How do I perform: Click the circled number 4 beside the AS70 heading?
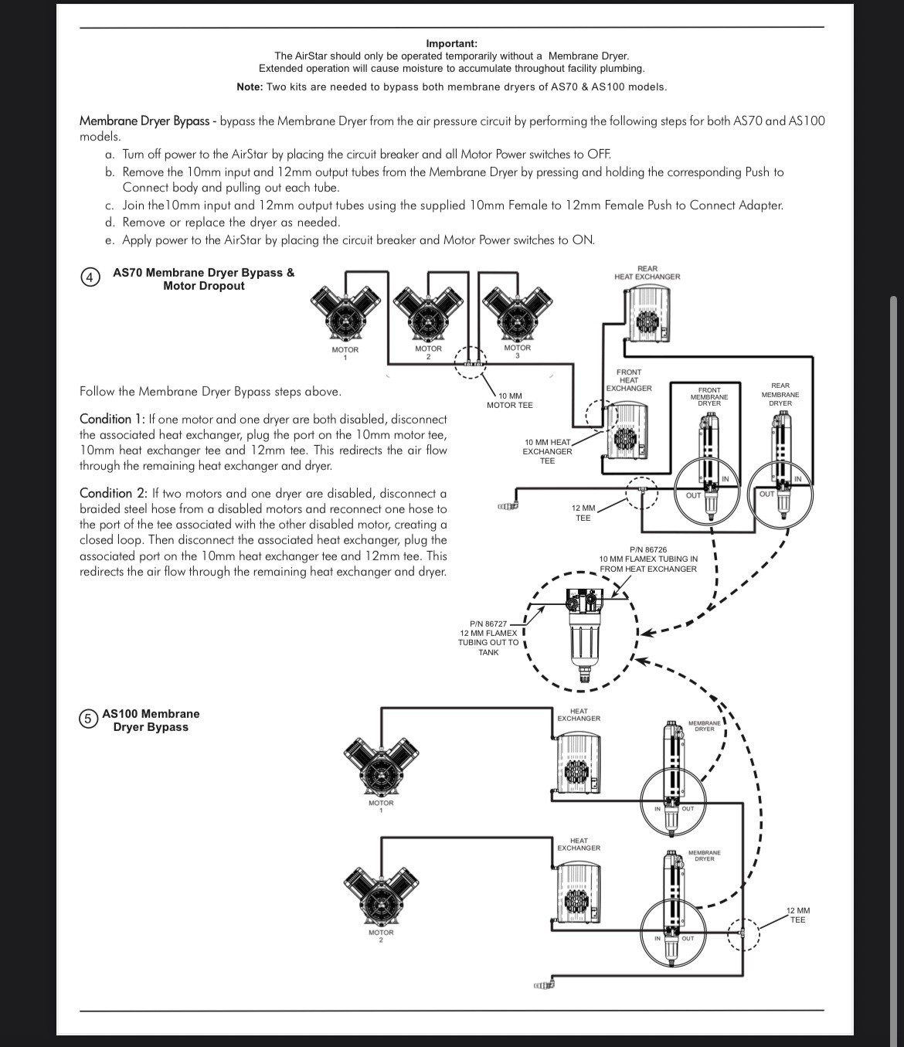point(90,279)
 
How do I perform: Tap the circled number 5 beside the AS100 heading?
point(88,720)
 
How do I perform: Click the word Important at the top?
point(452,43)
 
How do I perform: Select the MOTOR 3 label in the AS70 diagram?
point(517,352)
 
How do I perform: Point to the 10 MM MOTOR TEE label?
point(509,401)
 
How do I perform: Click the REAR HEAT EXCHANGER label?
point(647,273)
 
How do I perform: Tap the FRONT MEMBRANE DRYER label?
point(709,396)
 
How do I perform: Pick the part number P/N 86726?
point(648,549)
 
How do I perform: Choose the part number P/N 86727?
point(488,624)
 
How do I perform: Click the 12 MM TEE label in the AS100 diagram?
point(797,915)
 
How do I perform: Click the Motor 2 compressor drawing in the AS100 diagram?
point(381,898)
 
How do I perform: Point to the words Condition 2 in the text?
point(113,493)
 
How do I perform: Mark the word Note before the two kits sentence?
point(250,87)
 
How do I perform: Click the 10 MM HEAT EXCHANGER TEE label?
point(547,451)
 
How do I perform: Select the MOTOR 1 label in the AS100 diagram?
point(381,807)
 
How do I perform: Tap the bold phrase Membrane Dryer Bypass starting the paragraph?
point(144,121)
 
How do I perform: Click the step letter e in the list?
point(110,240)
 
